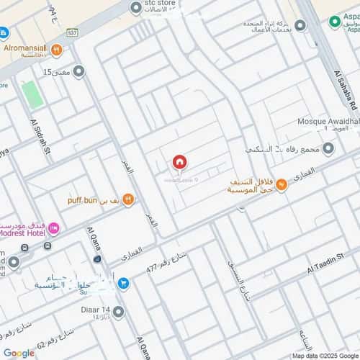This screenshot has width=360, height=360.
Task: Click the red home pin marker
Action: point(179,163)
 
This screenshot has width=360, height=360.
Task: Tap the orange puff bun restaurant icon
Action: point(128,199)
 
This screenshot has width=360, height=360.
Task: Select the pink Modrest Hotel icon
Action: point(54,228)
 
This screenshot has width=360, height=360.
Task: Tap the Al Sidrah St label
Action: point(38,137)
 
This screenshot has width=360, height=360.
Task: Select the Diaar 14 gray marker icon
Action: point(118,312)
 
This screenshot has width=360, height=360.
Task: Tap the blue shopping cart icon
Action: point(122,284)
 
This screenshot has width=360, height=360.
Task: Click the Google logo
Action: point(19,353)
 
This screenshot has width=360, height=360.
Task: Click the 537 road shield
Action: point(71,32)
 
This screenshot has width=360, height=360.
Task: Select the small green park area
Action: point(32,95)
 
